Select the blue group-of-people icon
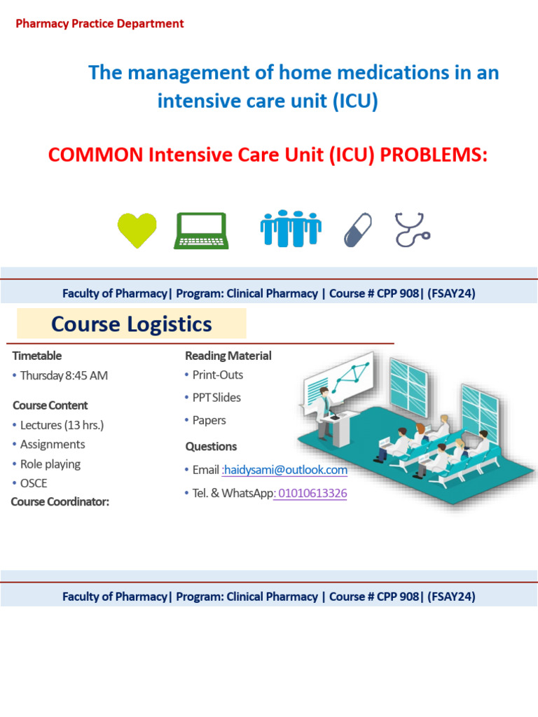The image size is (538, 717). [x=291, y=229]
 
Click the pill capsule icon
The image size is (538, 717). [x=358, y=230]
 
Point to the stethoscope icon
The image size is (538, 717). [x=413, y=230]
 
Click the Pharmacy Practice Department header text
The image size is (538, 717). [x=99, y=24]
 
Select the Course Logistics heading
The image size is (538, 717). [x=132, y=324]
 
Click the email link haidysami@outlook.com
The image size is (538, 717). [x=285, y=470]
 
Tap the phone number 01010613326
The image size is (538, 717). [x=312, y=494]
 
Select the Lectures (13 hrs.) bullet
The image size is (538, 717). [x=62, y=425]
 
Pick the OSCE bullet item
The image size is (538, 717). [x=34, y=483]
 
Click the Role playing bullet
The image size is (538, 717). [x=50, y=464]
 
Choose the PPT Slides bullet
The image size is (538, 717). [x=216, y=398]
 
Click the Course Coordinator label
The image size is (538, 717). [x=60, y=501]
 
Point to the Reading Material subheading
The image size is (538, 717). [x=228, y=356]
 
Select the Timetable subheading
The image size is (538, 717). [x=37, y=356]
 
